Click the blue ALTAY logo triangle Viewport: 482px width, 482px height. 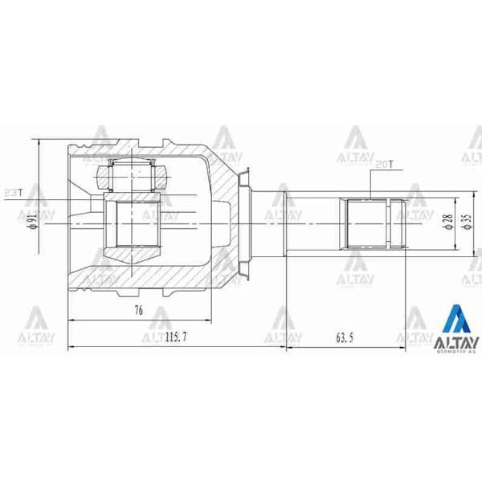tap(456, 320)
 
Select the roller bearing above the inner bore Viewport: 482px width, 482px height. tap(131, 172)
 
